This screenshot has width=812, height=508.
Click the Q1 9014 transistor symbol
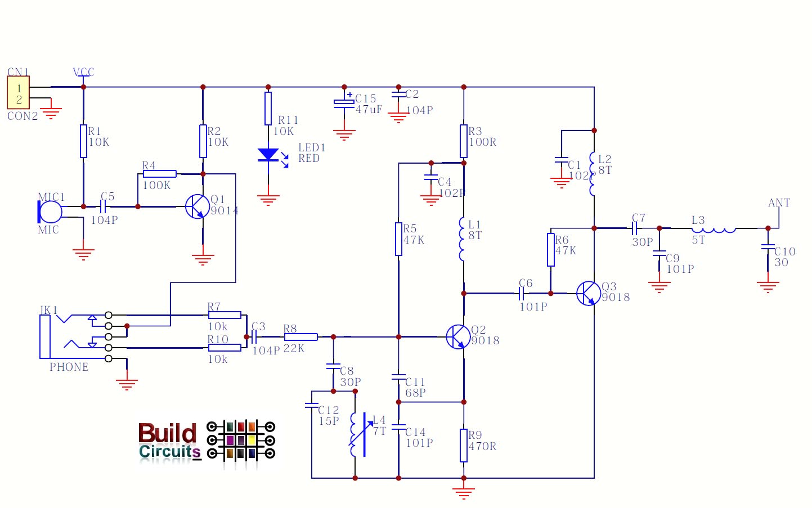pos(197,206)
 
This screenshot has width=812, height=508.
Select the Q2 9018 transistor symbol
pos(458,337)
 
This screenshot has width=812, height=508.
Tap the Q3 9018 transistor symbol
pos(588,293)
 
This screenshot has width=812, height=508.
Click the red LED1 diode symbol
pos(268,155)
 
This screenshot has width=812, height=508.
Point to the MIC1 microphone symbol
pos(50,211)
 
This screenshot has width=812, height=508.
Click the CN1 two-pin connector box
pos(18,93)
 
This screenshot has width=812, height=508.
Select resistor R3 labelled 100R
pos(464,141)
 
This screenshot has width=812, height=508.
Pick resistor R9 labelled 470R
pos(464,446)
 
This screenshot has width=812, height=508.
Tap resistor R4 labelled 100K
pos(160,174)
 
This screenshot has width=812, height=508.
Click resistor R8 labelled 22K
pos(300,337)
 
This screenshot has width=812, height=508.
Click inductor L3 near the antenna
pos(714,228)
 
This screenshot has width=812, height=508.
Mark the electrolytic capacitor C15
pos(344,102)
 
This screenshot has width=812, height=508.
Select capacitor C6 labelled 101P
pos(522,293)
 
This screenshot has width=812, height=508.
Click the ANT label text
pos(779,203)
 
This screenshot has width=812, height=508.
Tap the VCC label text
pos(83,72)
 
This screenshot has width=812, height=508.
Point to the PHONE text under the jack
pos(69,367)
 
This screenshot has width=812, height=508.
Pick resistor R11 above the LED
pos(268,109)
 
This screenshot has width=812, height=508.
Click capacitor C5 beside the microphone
pos(103,206)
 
